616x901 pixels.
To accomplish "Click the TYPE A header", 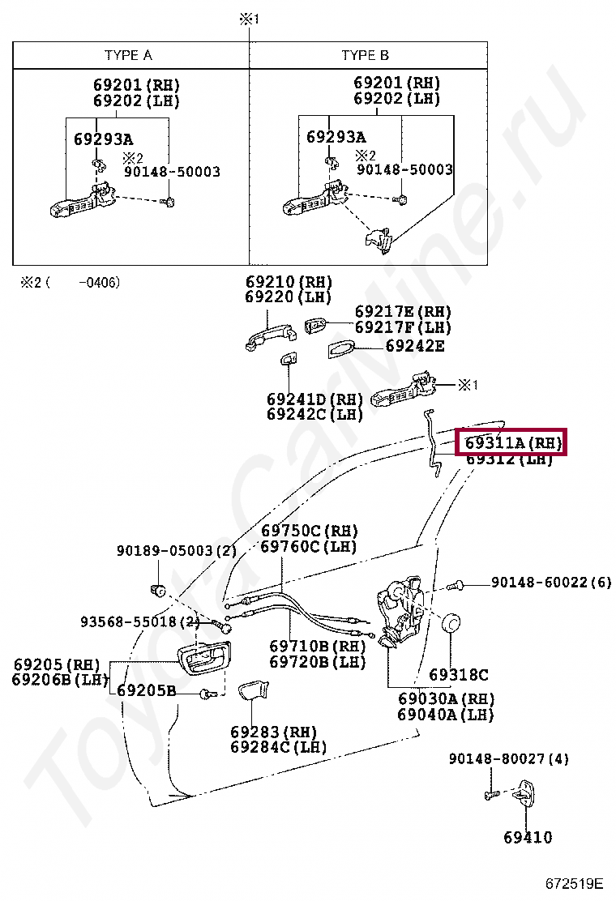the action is pyautogui.click(x=128, y=55).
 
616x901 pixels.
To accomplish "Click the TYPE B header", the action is pyautogui.click(x=365, y=55).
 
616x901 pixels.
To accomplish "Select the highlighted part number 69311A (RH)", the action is pyautogui.click(x=511, y=442).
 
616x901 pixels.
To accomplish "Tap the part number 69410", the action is pyautogui.click(x=528, y=837).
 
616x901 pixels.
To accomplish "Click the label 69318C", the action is pyautogui.click(x=459, y=675).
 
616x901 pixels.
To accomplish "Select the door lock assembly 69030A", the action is pyautogui.click(x=401, y=613).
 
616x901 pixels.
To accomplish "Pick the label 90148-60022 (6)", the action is pyautogui.click(x=551, y=582).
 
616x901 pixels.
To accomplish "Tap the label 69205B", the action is pyautogui.click(x=147, y=690).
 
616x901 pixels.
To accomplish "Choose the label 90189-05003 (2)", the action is pyautogui.click(x=177, y=550).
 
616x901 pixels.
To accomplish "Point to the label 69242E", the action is pyautogui.click(x=415, y=345).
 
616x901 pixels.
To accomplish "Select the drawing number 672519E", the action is pyautogui.click(x=574, y=882).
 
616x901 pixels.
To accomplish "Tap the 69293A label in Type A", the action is pyautogui.click(x=104, y=139).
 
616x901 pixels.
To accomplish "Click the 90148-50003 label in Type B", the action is pyautogui.click(x=404, y=169).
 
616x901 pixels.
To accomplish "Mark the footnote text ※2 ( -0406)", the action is pyautogui.click(x=70, y=282).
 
